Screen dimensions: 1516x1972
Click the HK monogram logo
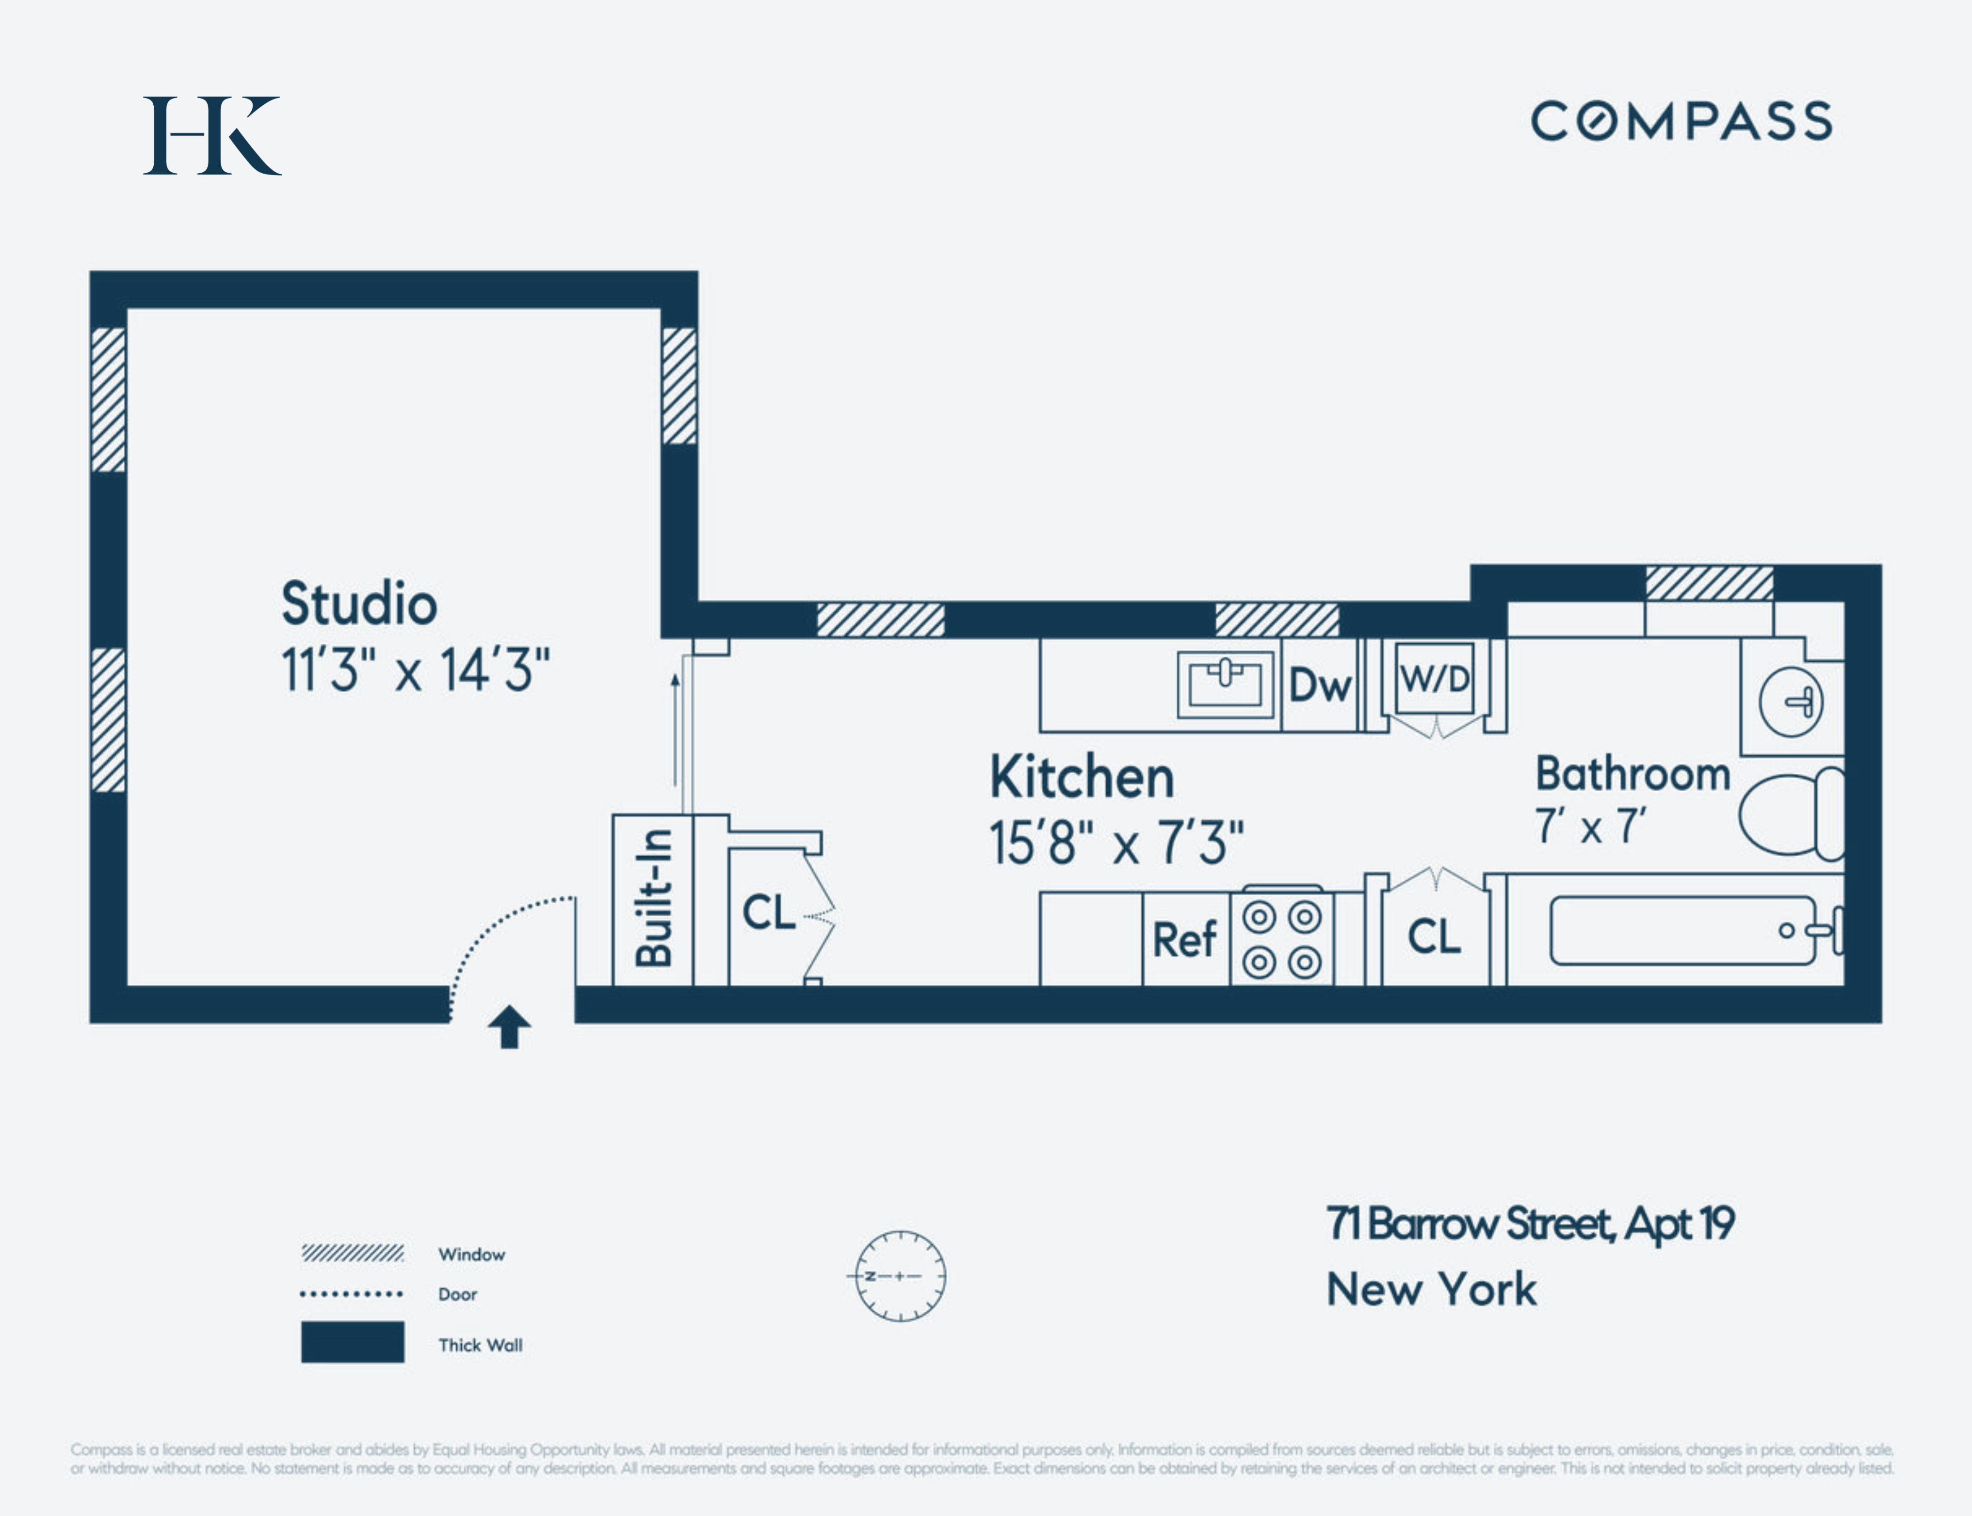click(212, 135)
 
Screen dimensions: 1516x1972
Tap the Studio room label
click(359, 603)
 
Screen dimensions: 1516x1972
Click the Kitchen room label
click(1082, 777)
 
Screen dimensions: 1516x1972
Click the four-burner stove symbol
click(1282, 939)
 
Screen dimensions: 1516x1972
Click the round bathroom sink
click(1791, 702)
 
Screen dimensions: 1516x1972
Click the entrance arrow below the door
click(509, 1027)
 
